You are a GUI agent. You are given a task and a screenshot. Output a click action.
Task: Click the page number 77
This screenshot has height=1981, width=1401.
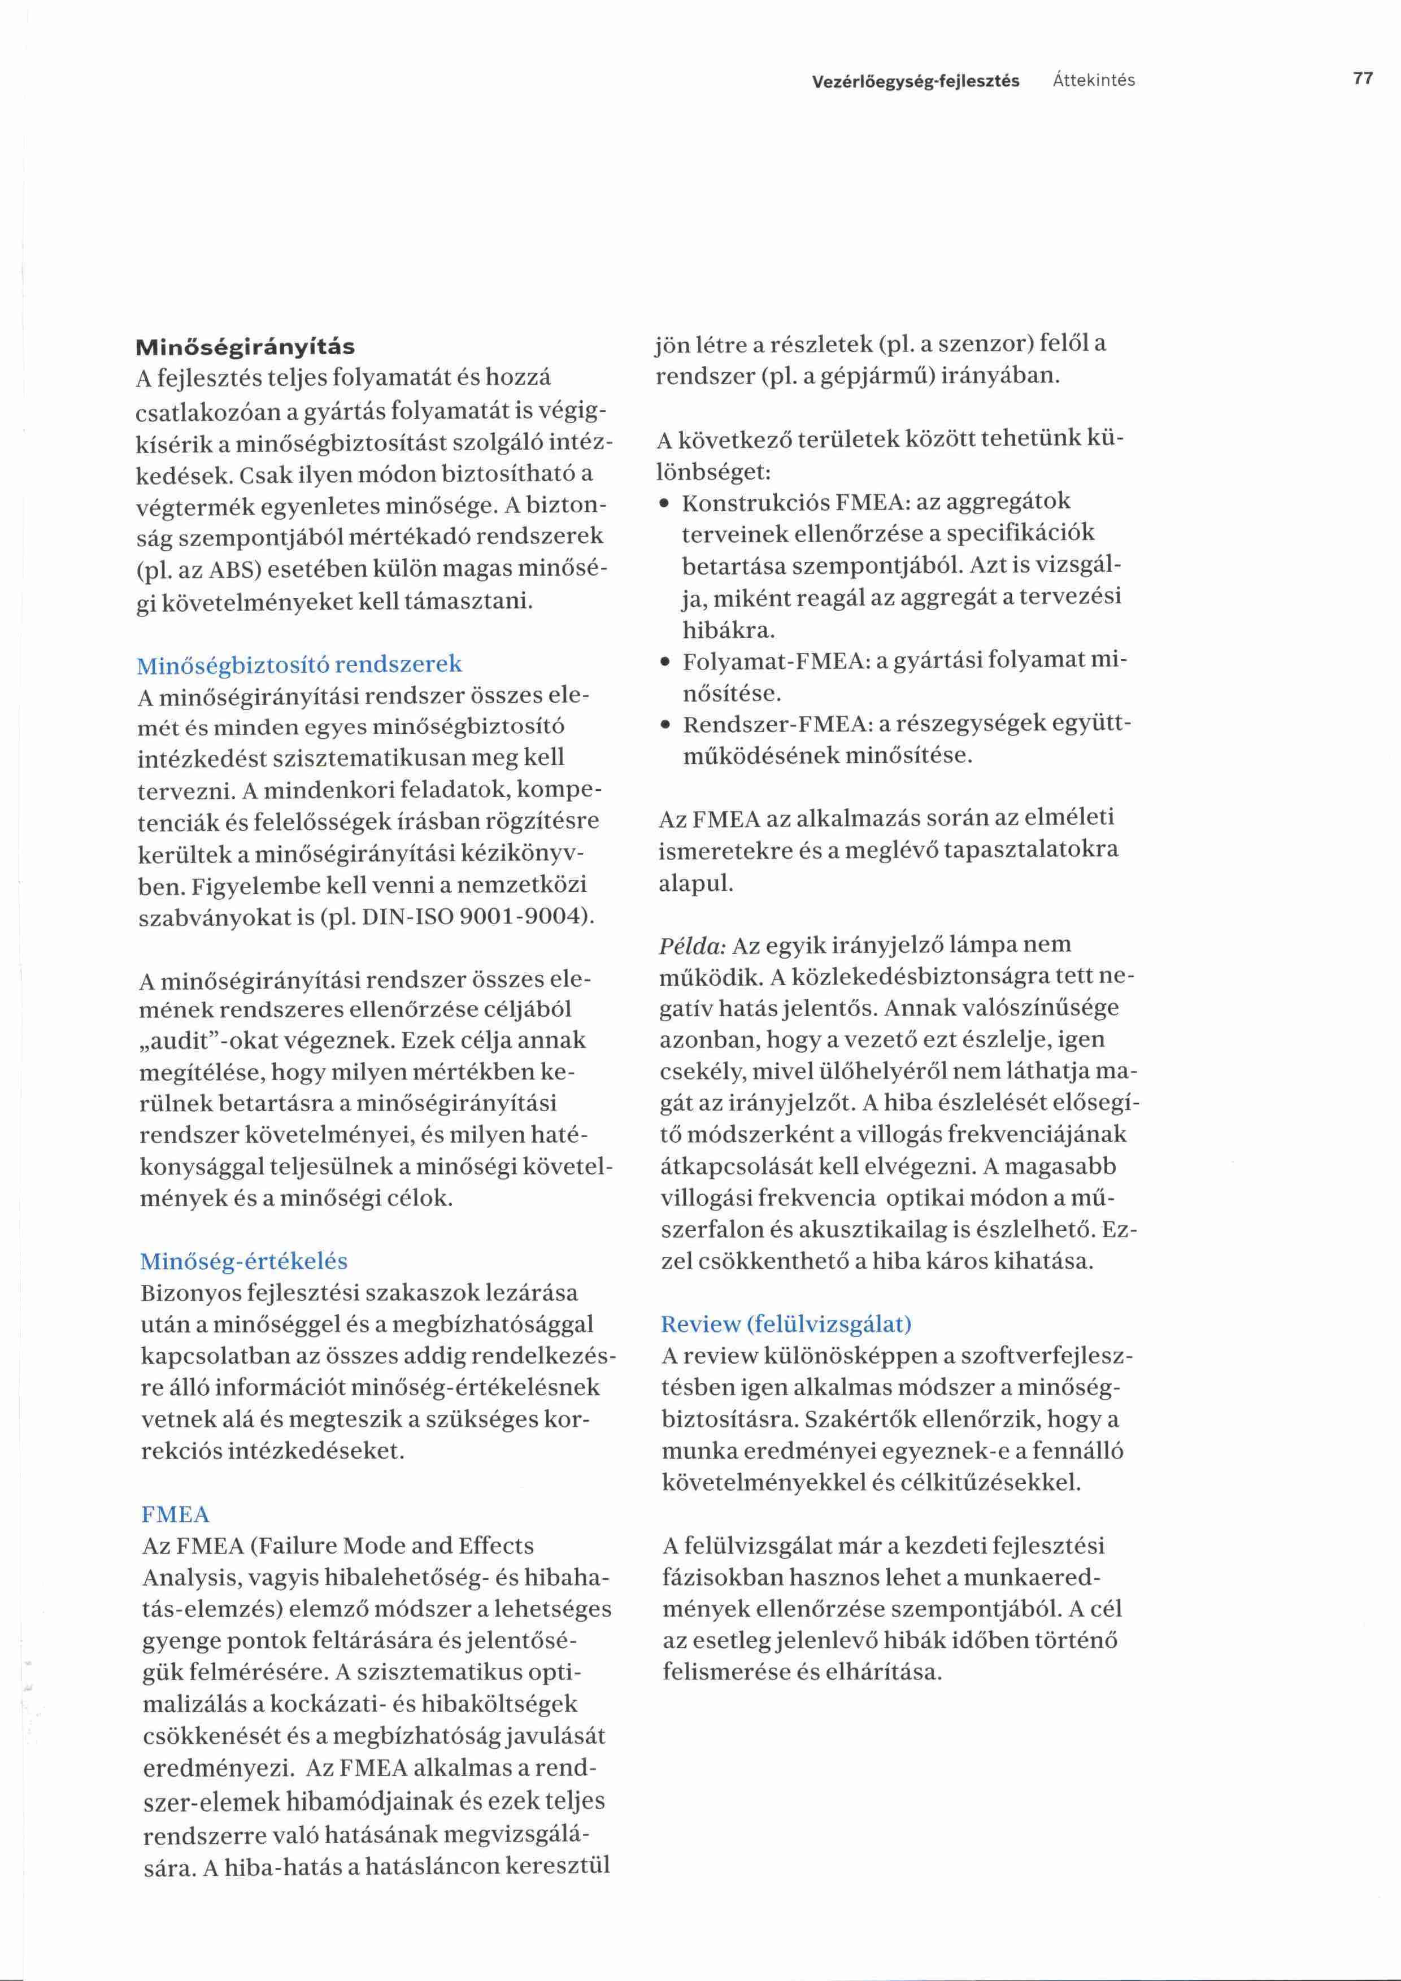[x=1363, y=79]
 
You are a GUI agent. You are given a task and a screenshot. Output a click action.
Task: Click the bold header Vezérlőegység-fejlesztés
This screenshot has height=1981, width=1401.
[x=915, y=81]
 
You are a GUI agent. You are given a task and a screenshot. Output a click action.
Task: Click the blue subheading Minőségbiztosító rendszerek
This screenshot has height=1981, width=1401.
[x=299, y=664]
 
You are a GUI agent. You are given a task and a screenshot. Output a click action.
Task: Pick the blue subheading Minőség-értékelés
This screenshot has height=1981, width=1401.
[x=243, y=1261]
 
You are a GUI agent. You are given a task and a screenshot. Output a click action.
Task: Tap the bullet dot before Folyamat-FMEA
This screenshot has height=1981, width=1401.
[x=664, y=664]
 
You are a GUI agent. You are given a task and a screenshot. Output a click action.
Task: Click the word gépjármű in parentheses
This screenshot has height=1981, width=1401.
[x=880, y=377]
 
